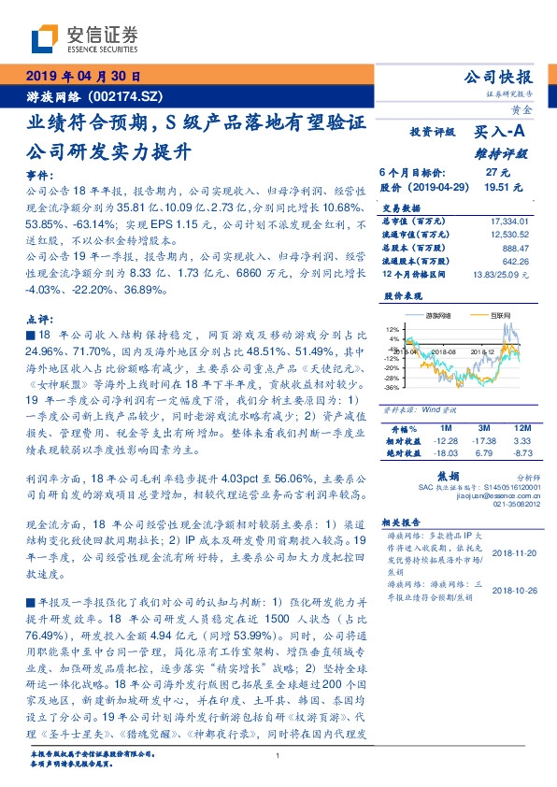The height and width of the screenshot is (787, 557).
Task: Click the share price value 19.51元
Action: coord(496,187)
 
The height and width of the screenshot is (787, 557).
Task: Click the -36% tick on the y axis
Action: coord(391,387)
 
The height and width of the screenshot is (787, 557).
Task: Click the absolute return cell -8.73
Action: coord(521,453)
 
